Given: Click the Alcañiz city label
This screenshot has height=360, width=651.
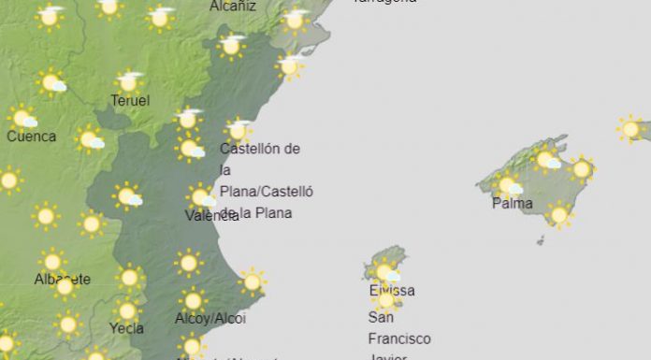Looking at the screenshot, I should pyautogui.click(x=233, y=6).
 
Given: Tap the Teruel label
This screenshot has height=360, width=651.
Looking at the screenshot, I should pyautogui.click(x=130, y=101).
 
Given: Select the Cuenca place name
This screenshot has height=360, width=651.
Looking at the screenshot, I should pyautogui.click(x=31, y=137).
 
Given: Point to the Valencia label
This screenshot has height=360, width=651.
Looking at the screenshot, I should pyautogui.click(x=211, y=215).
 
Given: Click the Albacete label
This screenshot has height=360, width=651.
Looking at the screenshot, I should pyautogui.click(x=62, y=280).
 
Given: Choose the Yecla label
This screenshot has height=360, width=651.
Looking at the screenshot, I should pyautogui.click(x=126, y=328).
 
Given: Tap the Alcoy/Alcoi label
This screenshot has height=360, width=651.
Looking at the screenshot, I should pyautogui.click(x=210, y=319).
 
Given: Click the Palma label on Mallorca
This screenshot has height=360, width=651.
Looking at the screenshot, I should pyautogui.click(x=512, y=204).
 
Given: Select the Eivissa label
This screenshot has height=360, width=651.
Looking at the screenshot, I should pyautogui.click(x=392, y=291).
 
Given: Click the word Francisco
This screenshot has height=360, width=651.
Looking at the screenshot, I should pyautogui.click(x=399, y=338).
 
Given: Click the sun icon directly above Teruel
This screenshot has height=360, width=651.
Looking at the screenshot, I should pyautogui.click(x=130, y=81).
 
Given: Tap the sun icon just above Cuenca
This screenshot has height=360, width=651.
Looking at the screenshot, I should pyautogui.click(x=22, y=118).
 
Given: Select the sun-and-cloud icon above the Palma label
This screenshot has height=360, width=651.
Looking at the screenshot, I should pyautogui.click(x=508, y=184).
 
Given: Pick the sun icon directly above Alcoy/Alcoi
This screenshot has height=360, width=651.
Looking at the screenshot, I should pyautogui.click(x=194, y=300).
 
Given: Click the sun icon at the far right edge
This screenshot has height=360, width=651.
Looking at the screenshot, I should pyautogui.click(x=631, y=128).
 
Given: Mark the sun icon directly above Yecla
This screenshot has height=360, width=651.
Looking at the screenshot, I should pyautogui.click(x=127, y=310).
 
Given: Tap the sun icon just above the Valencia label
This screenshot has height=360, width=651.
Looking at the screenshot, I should pyautogui.click(x=199, y=196).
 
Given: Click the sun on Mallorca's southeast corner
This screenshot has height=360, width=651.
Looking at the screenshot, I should pyautogui.click(x=559, y=215).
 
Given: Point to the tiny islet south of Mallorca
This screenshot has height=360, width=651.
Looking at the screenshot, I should pyautogui.click(x=541, y=240).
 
